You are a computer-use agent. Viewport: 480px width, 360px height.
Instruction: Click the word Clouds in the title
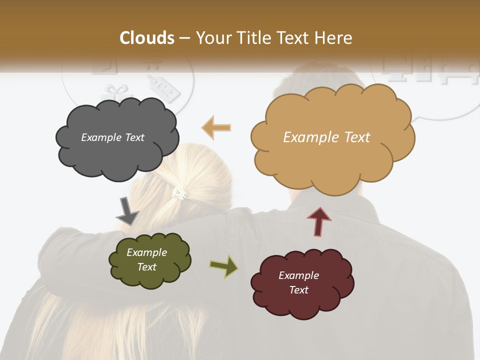point(147,38)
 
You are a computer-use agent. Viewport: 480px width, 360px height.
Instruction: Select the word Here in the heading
point(335,38)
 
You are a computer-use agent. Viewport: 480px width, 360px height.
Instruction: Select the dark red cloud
point(302,284)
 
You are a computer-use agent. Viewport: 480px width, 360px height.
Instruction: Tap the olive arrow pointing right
point(223,266)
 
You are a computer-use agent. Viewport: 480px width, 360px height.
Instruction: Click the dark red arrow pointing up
point(319,221)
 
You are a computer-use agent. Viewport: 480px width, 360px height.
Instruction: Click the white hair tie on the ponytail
point(179,193)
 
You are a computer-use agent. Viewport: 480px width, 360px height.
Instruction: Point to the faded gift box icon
point(116,92)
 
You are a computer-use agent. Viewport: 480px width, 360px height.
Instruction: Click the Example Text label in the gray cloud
point(112,137)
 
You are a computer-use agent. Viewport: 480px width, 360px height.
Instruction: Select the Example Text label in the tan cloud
point(326,137)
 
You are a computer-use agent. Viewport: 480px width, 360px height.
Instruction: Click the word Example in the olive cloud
point(146,252)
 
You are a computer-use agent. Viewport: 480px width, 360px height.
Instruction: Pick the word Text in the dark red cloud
point(299,290)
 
